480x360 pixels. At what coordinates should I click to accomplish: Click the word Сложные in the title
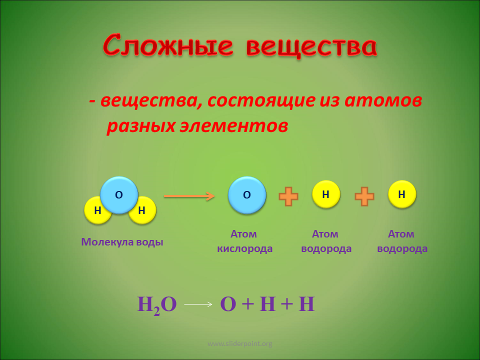[168, 46]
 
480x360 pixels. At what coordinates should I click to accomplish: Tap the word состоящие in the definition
[261, 101]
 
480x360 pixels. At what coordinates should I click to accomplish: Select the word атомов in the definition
[383, 100]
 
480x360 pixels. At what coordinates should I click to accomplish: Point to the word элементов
[233, 125]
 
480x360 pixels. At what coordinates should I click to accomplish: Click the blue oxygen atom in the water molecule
[119, 194]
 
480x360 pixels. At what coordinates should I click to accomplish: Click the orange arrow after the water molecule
[189, 196]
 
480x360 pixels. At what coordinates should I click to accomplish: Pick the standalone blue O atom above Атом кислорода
[246, 194]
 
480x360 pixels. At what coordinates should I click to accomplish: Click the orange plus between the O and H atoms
[288, 196]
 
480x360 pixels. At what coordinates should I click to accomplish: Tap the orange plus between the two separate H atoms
[364, 196]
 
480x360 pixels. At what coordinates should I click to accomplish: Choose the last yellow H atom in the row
[402, 194]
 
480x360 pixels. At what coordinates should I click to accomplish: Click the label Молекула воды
[122, 242]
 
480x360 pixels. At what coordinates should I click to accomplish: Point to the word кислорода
[244, 248]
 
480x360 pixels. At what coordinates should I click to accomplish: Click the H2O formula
[156, 304]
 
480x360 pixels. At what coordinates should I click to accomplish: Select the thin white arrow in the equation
[198, 304]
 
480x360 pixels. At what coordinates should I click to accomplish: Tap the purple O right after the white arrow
[228, 304]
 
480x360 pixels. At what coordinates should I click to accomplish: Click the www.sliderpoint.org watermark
[239, 343]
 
